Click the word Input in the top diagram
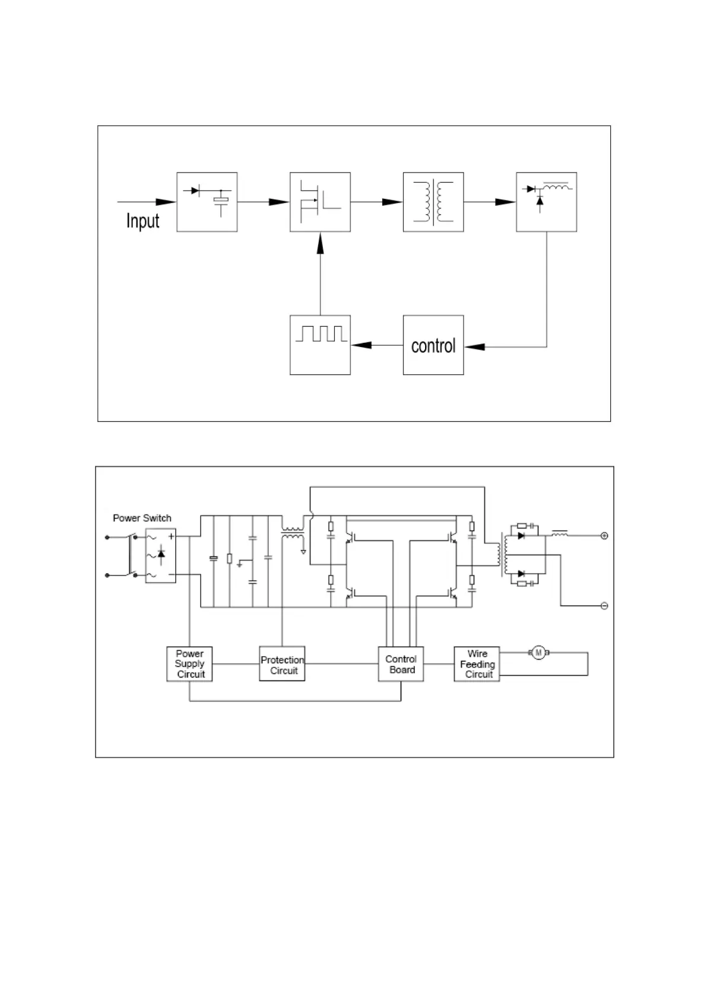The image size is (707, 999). point(142,221)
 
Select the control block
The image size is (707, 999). point(433,345)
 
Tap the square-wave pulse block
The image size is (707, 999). point(320,345)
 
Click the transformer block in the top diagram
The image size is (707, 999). point(433,202)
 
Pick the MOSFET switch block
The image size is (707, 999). point(320,202)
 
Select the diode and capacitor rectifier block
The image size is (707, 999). point(207,202)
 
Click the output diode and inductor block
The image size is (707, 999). point(546,202)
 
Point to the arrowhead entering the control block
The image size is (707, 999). point(475,346)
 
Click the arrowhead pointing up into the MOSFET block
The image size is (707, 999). point(321,243)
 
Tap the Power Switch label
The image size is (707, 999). point(142,518)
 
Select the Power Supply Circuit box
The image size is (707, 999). point(189,664)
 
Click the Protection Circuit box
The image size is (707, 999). point(282,664)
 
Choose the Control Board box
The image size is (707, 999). point(401,664)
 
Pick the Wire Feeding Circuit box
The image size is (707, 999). point(477,664)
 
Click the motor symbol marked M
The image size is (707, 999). point(538,653)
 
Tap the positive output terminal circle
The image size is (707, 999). point(604,536)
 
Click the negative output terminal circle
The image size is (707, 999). point(604,606)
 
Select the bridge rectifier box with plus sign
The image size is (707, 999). point(160,556)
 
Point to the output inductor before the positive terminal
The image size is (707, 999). point(559,534)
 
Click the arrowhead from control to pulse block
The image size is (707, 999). point(362,345)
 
